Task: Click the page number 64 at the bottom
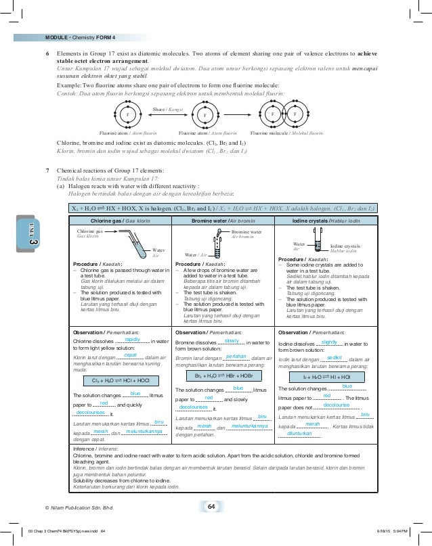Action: (x=211, y=507)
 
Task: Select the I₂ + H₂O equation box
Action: (x=326, y=375)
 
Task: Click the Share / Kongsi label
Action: (x=167, y=108)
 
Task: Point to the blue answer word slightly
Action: (x=330, y=342)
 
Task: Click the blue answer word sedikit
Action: (x=334, y=357)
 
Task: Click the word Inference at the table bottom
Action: (x=84, y=449)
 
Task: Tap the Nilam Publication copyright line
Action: (x=78, y=507)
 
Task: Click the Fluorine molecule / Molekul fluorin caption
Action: (x=286, y=134)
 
